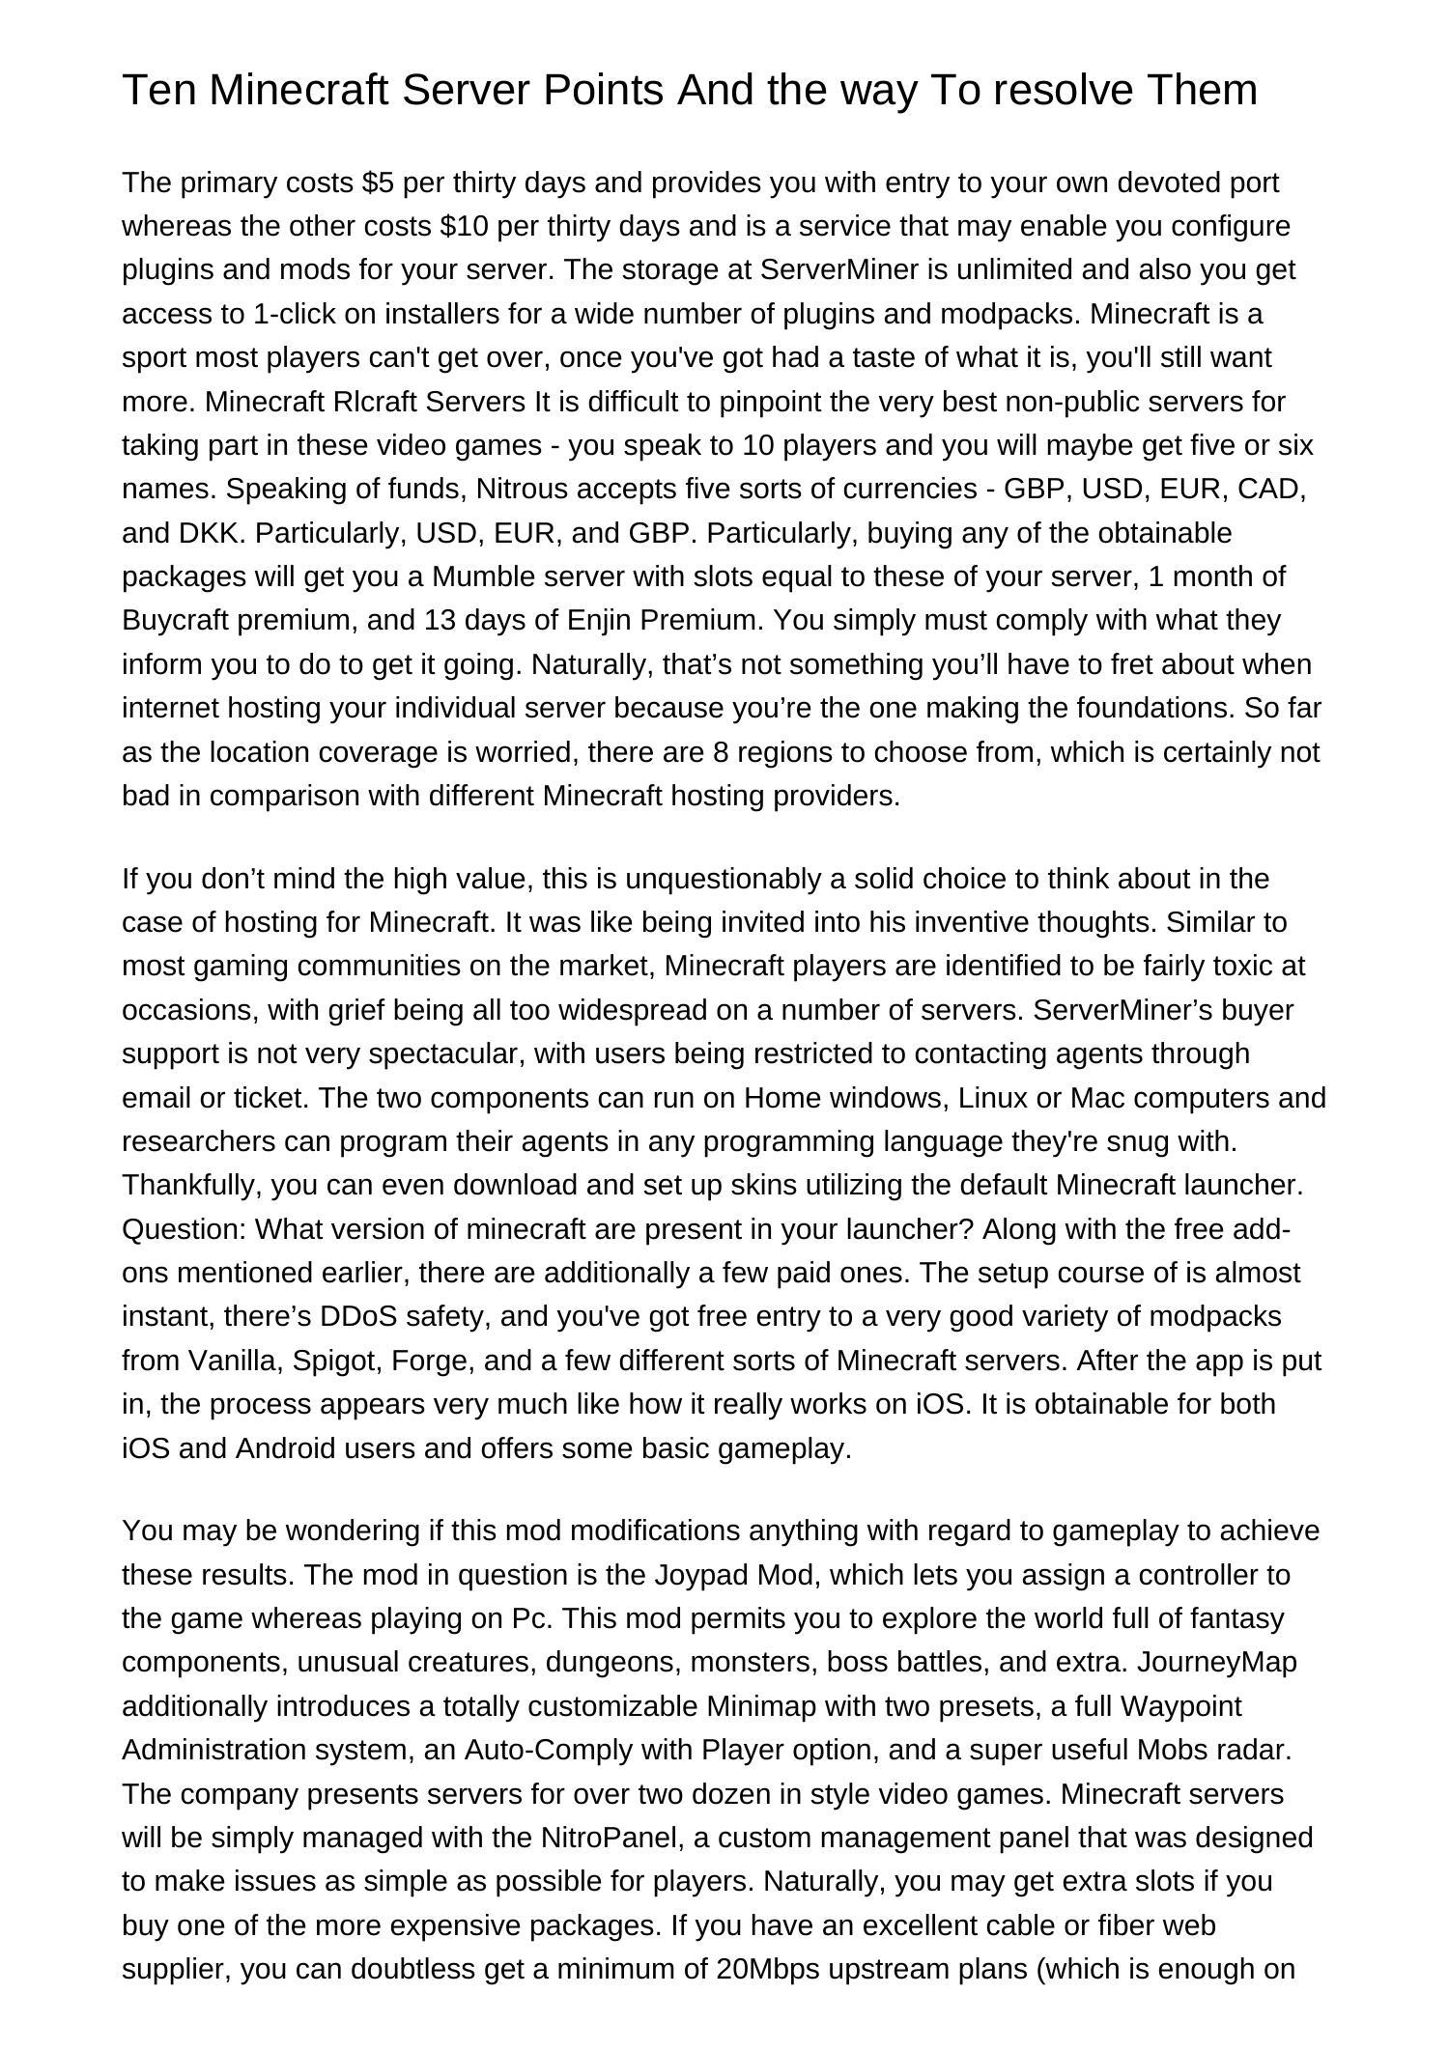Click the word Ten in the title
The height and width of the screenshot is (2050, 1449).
159,91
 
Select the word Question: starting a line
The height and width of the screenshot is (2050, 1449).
185,1229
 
